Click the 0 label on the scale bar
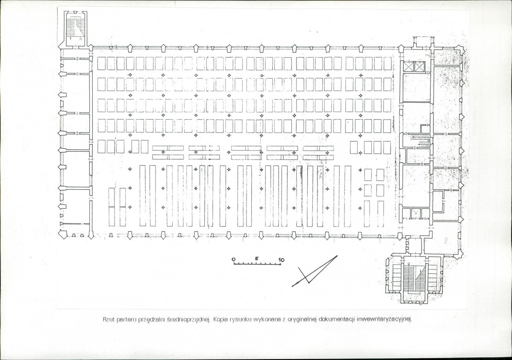[x=233, y=260]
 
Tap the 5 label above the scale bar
[x=257, y=259]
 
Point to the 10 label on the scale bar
[x=281, y=260]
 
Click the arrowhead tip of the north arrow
[x=293, y=286]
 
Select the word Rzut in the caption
[x=109, y=319]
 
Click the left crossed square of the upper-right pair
[x=409, y=67]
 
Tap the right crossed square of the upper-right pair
[x=418, y=67]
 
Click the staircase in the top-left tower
[x=75, y=27]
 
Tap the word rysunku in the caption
[x=241, y=319]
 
